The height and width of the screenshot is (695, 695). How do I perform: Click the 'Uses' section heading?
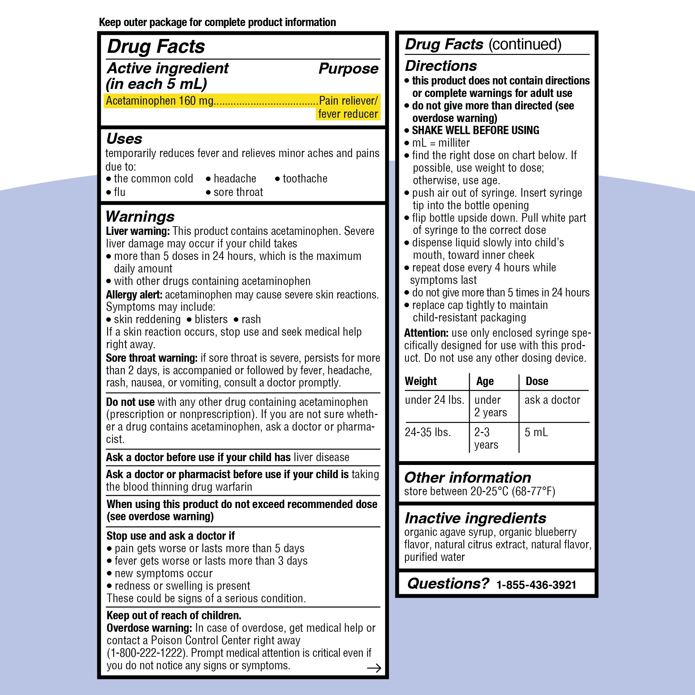(x=124, y=139)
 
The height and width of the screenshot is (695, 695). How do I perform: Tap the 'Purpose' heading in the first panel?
(x=348, y=68)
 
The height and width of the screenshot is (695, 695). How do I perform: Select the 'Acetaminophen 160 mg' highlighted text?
(x=160, y=101)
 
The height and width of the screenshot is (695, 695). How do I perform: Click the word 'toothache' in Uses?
(x=305, y=178)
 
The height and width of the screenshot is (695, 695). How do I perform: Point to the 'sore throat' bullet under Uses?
(x=238, y=192)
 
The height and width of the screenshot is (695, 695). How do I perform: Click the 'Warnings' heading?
(x=140, y=216)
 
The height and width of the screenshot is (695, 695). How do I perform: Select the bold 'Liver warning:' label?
(x=137, y=231)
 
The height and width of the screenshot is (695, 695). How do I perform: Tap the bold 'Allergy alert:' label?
(x=134, y=295)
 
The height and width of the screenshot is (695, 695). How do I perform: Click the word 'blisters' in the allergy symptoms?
(x=211, y=319)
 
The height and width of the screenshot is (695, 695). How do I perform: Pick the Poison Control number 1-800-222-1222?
(x=147, y=653)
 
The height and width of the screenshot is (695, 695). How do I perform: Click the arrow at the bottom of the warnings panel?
(x=374, y=668)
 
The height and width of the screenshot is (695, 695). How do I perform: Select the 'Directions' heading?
(x=441, y=66)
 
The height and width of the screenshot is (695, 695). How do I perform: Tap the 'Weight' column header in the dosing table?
(x=420, y=381)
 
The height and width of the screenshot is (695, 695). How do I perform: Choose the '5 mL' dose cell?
(x=536, y=432)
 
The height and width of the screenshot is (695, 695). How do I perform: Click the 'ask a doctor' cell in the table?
(x=552, y=400)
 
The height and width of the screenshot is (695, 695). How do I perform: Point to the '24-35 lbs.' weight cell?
(x=428, y=432)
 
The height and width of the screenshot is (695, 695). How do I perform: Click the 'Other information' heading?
(x=467, y=477)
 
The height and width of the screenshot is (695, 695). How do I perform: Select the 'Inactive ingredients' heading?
(x=475, y=518)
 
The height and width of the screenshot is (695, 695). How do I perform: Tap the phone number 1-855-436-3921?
(x=536, y=584)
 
